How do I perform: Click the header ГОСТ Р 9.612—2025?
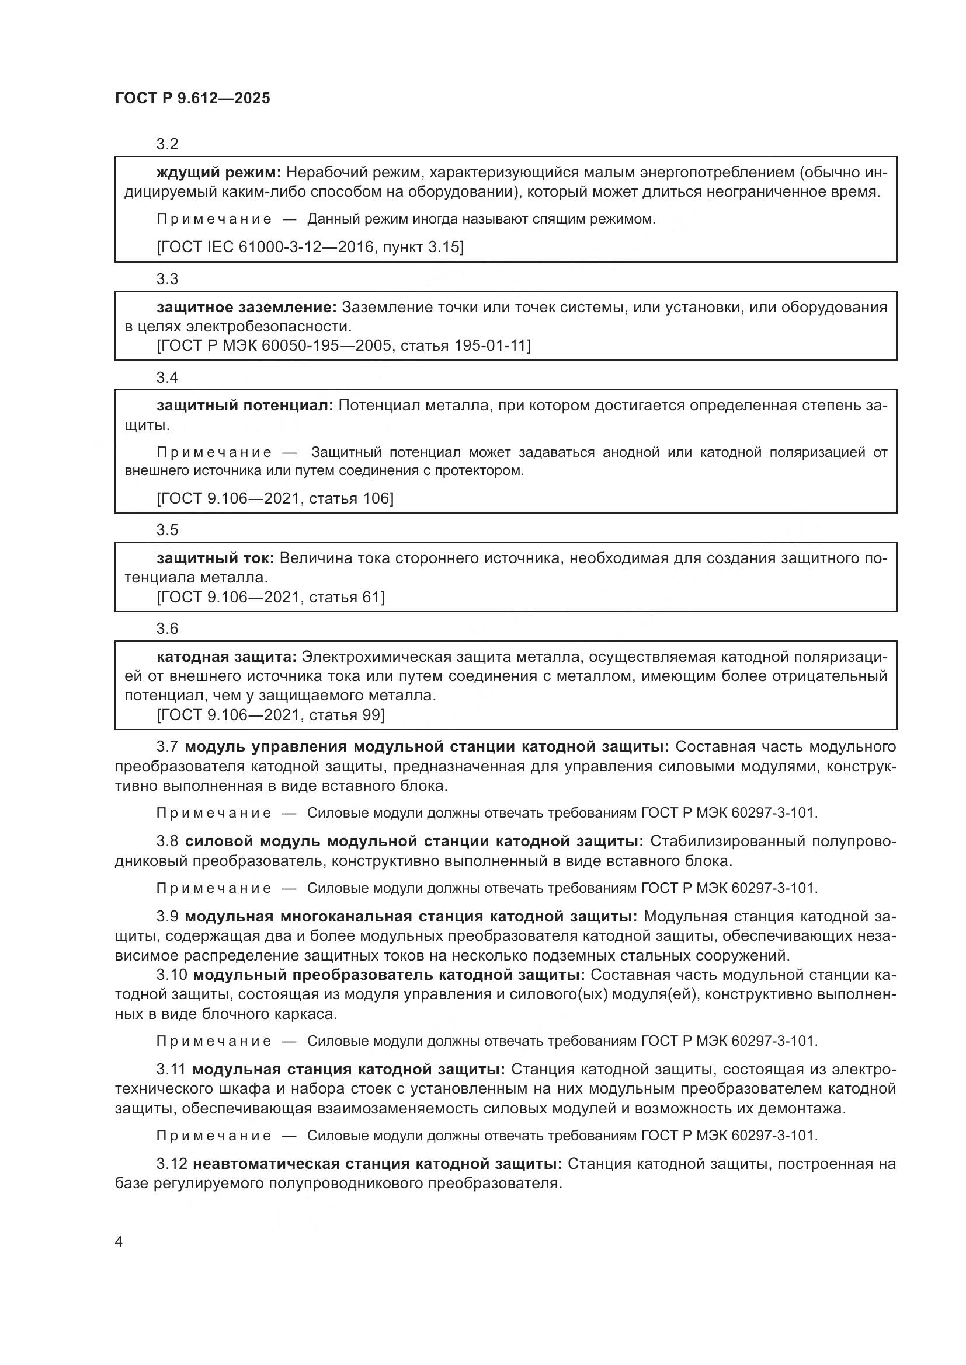tap(192, 98)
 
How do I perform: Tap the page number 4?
tap(119, 1242)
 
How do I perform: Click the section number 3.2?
tap(167, 145)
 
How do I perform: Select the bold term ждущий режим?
tap(218, 173)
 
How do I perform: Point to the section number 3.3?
tap(167, 279)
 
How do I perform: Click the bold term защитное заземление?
tap(246, 308)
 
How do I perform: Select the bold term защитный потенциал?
tap(245, 406)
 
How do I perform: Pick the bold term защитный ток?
tap(215, 558)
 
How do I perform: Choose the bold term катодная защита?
tap(226, 657)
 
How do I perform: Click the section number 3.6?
tap(167, 629)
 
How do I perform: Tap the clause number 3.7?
tap(167, 747)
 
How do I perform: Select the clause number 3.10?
tap(172, 975)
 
